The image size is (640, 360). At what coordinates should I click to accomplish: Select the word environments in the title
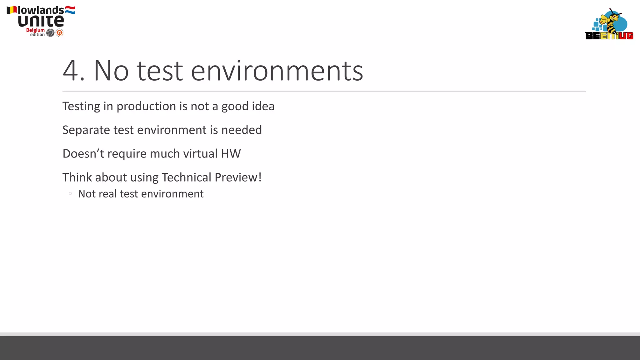[x=277, y=71]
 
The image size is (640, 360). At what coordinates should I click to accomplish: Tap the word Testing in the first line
[x=81, y=107]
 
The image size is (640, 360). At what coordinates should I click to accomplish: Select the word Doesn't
[x=83, y=154]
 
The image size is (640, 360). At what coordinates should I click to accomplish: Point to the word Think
[x=77, y=177]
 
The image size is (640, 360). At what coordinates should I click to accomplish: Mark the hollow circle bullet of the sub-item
[x=70, y=194]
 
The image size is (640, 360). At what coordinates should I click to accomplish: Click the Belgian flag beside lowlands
[x=12, y=10]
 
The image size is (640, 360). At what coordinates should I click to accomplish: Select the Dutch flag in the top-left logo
[x=70, y=10]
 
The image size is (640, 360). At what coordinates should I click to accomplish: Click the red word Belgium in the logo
[x=35, y=30]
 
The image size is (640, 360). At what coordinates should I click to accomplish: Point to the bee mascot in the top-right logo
[x=611, y=22]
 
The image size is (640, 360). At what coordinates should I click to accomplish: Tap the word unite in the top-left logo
[x=41, y=21]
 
